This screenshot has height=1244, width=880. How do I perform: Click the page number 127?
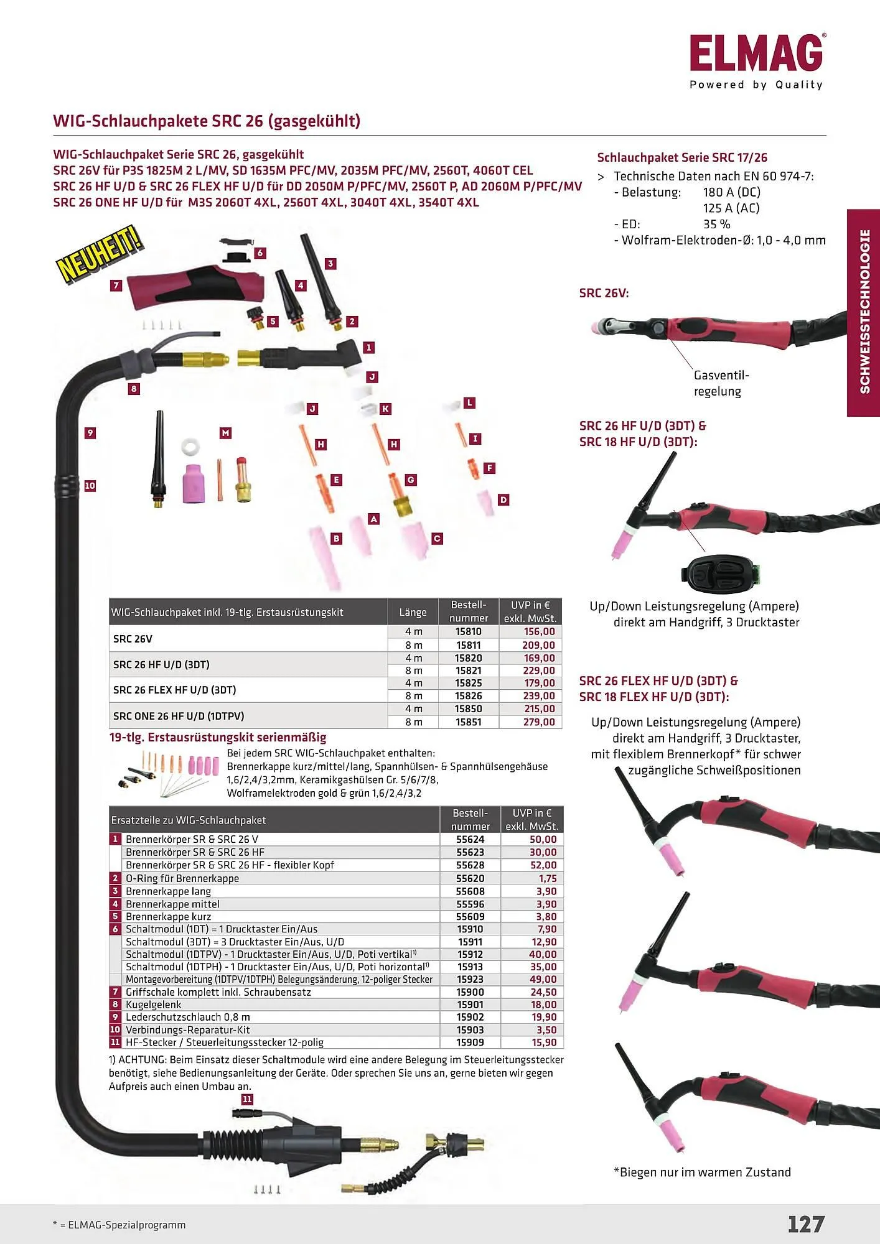[x=805, y=1224]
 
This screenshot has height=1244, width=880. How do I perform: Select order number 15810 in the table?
[x=468, y=631]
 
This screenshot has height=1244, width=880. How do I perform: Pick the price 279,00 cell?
[x=538, y=722]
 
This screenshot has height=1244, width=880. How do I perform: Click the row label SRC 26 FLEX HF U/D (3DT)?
[x=175, y=690]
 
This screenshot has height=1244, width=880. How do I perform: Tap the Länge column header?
[x=413, y=612]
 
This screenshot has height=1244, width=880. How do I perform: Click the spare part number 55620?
[x=470, y=878]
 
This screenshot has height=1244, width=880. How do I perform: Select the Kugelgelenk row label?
[x=154, y=1005]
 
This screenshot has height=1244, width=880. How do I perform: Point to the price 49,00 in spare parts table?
[x=543, y=980]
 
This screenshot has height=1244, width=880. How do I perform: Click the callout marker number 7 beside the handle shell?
[x=116, y=285]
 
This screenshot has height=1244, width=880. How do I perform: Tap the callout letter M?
[x=225, y=433]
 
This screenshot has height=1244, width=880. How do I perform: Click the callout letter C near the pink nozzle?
[x=437, y=539]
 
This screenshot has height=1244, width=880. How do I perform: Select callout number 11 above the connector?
[x=247, y=1099]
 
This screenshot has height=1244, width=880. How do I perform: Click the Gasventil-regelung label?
[x=721, y=383]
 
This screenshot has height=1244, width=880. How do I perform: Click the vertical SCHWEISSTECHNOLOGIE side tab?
[x=864, y=312]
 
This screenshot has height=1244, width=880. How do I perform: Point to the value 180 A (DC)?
[x=731, y=192]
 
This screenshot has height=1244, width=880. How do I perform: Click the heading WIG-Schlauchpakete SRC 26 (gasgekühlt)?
[x=207, y=121]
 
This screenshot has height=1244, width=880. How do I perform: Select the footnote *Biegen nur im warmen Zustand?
[x=702, y=1172]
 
